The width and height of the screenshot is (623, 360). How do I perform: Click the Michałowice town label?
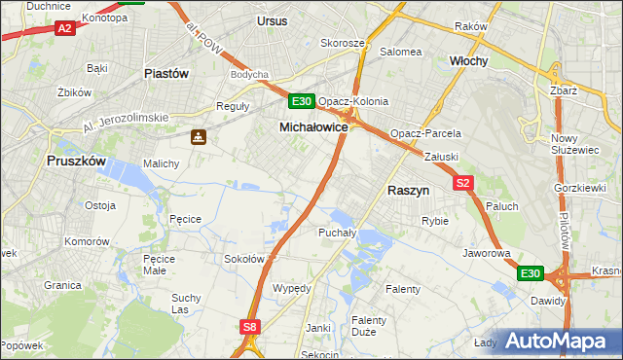[x=313, y=127]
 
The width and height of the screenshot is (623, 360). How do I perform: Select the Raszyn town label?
[x=409, y=192]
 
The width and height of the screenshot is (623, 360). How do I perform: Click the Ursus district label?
[x=273, y=19]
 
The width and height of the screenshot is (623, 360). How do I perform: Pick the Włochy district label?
[x=468, y=60]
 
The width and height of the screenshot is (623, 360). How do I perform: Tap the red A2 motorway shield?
[x=64, y=29]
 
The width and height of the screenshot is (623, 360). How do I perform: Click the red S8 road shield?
[x=251, y=328]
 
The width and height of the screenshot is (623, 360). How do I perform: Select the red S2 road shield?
[x=462, y=183]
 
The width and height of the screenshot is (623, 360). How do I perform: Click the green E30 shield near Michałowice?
[x=301, y=101]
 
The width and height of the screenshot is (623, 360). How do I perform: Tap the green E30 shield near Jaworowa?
[x=529, y=274]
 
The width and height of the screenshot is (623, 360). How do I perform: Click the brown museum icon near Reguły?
[x=199, y=137]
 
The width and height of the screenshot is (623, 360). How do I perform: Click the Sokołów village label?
[x=244, y=259]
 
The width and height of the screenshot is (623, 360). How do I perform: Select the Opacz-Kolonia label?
[x=353, y=101]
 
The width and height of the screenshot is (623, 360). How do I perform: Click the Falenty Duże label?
[x=369, y=326]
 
